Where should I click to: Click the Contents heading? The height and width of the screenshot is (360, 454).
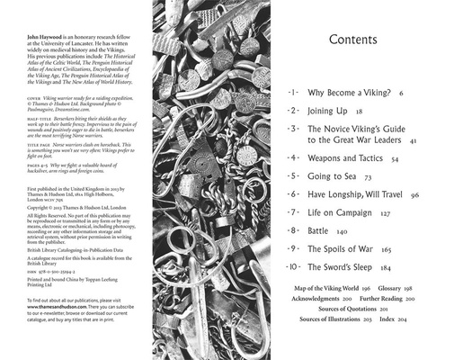coord(359,40)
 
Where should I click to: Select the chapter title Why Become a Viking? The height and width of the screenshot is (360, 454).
coord(347,93)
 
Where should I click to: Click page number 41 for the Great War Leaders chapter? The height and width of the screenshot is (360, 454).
coord(413,142)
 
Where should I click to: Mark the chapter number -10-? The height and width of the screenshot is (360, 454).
coord(293,267)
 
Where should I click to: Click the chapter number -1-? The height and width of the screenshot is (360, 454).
coord(292,93)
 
